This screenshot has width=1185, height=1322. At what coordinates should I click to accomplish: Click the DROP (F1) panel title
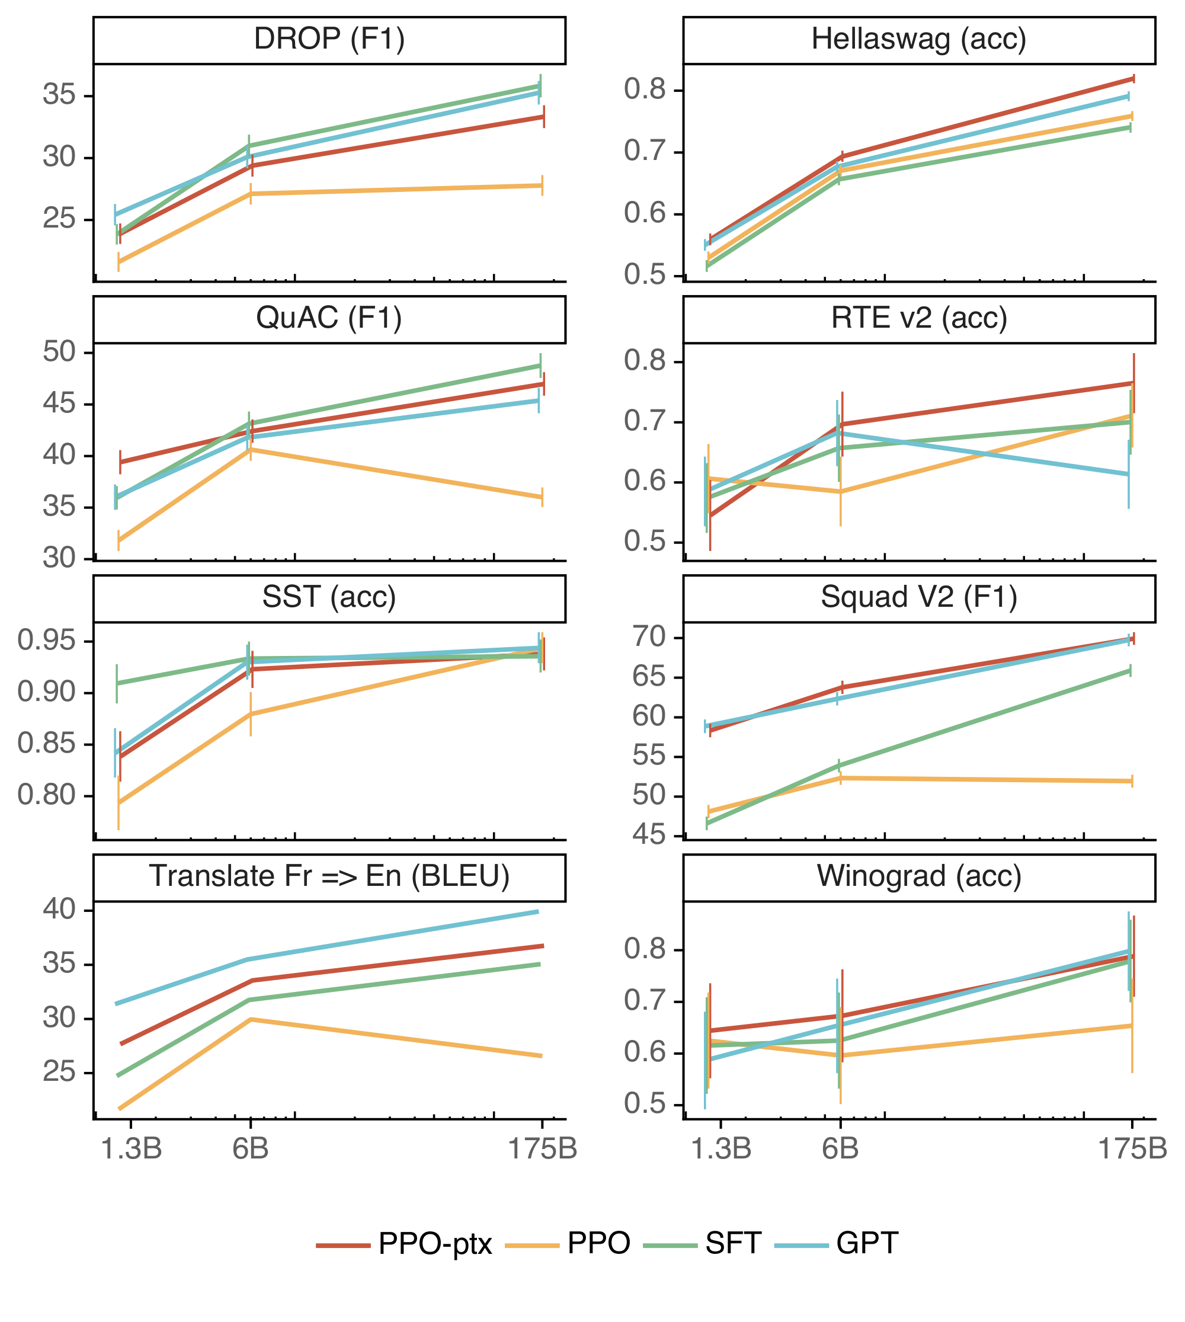tap(329, 39)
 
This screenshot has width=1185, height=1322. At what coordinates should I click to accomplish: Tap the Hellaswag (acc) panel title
tap(919, 39)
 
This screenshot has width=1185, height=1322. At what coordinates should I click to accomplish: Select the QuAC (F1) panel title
tap(329, 318)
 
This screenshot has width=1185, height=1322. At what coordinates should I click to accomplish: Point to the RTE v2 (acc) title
tap(919, 318)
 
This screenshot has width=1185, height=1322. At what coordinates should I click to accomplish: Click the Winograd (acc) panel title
tap(919, 876)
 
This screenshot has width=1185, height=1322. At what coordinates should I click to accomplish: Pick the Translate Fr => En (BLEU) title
tap(329, 876)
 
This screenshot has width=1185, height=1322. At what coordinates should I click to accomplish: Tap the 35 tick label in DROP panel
tap(59, 95)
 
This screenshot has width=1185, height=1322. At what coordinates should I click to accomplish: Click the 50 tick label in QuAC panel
tap(59, 353)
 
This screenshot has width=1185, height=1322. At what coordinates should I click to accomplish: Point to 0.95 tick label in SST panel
tap(47, 641)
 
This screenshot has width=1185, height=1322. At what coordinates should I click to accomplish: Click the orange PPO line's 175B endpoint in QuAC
tap(542, 497)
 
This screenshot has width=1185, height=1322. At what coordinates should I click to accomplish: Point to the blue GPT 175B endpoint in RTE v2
tap(1128, 474)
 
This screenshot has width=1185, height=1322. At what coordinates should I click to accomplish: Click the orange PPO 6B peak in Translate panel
tap(251, 1019)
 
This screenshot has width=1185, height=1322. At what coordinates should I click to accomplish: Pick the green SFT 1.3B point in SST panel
tap(117, 683)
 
